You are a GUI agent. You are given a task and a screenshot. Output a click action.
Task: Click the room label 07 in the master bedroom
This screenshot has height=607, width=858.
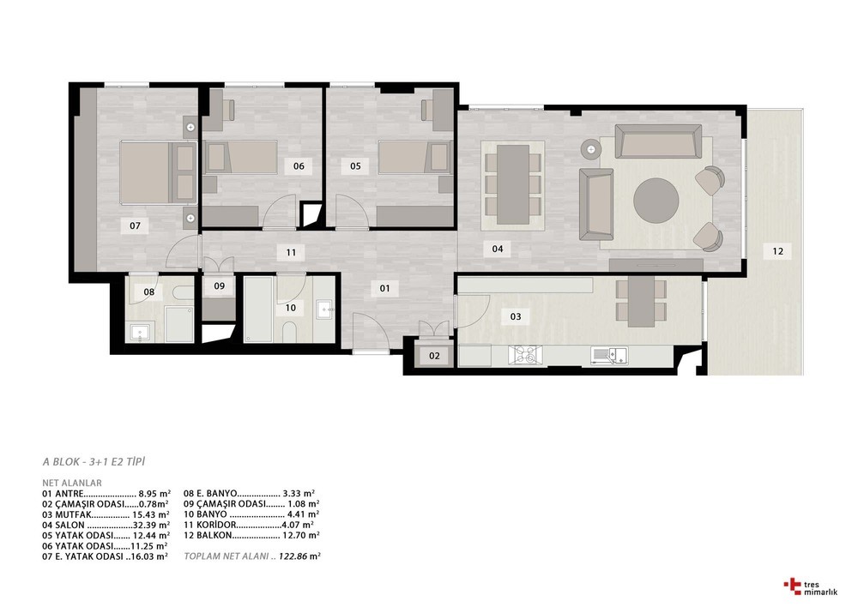(136, 225)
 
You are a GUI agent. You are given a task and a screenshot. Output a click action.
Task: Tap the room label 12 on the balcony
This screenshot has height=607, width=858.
(777, 251)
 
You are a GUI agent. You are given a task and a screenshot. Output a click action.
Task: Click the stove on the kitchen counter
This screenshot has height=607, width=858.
(525, 355)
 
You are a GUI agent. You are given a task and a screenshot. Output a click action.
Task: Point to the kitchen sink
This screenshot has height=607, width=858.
(609, 356)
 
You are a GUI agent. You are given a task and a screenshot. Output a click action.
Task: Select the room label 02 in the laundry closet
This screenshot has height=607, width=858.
(434, 356)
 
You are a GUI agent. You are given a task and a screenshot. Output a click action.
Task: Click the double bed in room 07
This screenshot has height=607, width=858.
(158, 171)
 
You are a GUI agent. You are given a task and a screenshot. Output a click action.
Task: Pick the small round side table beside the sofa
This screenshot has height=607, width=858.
(591, 147)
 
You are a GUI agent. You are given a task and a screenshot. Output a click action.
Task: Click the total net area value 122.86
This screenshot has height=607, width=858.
(293, 556)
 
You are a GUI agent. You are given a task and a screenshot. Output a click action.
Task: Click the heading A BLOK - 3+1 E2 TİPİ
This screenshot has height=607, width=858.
(94, 462)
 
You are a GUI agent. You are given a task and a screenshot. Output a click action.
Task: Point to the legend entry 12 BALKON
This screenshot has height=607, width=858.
(208, 535)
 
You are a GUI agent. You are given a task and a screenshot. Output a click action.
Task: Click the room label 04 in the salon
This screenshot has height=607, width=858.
(498, 249)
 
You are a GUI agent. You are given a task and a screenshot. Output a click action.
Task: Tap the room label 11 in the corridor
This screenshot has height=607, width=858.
(291, 253)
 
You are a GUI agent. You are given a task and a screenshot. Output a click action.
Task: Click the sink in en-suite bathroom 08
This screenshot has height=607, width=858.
(142, 332)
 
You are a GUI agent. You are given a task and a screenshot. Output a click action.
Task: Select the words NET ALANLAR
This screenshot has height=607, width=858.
(72, 483)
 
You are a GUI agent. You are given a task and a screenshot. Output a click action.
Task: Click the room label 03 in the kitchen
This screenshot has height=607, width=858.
(516, 316)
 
